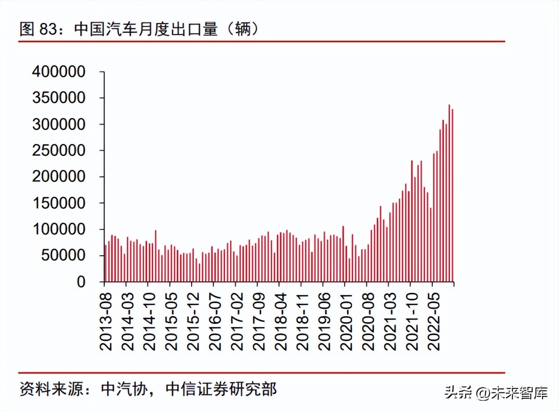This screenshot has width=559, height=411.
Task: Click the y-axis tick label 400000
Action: pyautogui.click(x=59, y=72)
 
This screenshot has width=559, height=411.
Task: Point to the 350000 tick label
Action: pyautogui.click(x=59, y=98)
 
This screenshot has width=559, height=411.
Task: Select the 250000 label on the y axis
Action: pyautogui.click(x=59, y=151)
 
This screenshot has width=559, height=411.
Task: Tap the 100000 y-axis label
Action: pyautogui.click(x=59, y=229)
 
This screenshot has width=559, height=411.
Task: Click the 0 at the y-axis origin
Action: pyautogui.click(x=81, y=282)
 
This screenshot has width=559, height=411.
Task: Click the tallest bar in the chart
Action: pyautogui.click(x=449, y=193)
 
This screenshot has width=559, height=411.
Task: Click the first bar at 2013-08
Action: pyautogui.click(x=105, y=263)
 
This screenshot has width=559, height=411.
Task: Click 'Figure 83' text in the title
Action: pyautogui.click(x=39, y=29)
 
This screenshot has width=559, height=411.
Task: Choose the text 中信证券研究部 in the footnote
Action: pyautogui.click(x=221, y=389)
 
